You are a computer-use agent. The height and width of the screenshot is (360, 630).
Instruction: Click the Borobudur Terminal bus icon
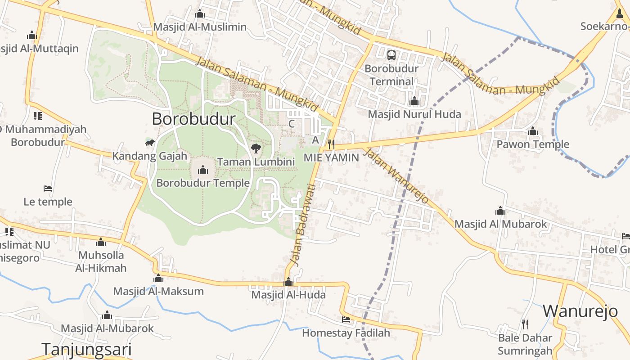(391, 55)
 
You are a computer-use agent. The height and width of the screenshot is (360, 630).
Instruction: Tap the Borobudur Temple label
(203, 183)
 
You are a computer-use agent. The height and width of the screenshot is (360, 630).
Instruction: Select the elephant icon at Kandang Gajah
(150, 143)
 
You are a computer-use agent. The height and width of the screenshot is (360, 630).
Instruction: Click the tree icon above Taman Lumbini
(256, 148)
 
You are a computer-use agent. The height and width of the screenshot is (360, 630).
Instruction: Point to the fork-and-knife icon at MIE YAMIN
(331, 144)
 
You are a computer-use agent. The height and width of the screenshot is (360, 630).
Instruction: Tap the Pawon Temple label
(533, 144)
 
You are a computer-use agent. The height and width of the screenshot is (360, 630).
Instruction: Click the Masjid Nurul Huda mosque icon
(414, 101)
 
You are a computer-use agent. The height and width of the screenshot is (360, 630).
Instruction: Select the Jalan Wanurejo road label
(396, 175)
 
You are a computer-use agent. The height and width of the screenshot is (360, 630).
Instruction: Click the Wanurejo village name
(580, 311)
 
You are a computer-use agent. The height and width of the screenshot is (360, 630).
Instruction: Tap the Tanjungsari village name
(86, 349)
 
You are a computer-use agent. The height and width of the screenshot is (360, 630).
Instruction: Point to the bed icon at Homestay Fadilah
(346, 319)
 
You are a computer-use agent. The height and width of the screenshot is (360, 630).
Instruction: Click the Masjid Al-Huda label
(288, 295)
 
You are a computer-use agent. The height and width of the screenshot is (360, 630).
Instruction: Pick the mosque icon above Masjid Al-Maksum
(158, 279)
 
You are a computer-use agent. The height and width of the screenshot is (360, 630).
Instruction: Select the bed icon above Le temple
(48, 188)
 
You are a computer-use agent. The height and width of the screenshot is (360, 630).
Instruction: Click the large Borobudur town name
(193, 119)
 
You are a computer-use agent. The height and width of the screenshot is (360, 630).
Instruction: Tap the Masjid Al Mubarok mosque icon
(500, 211)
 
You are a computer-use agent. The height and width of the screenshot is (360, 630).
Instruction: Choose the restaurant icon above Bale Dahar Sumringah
(525, 324)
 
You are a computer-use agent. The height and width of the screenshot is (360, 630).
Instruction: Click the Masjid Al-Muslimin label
(200, 27)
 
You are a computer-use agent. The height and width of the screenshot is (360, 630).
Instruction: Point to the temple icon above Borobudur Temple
(203, 170)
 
